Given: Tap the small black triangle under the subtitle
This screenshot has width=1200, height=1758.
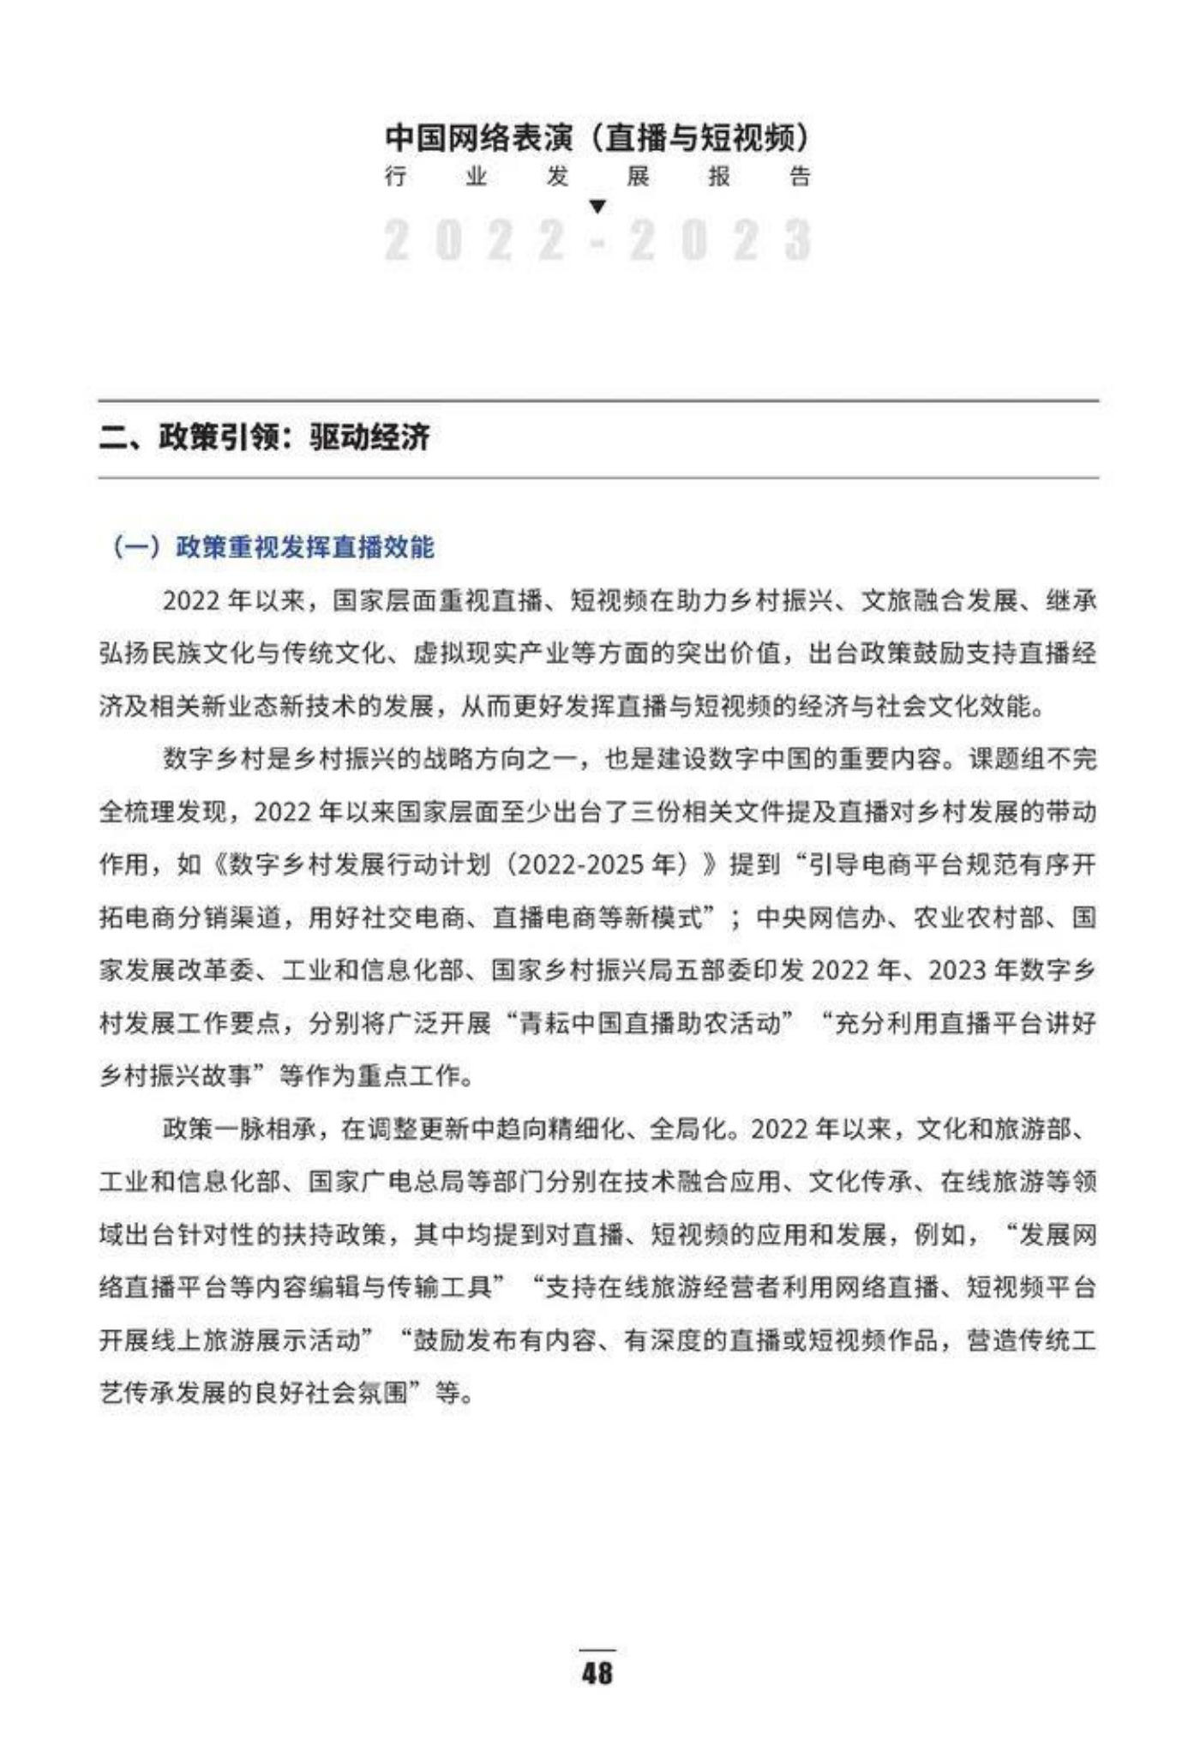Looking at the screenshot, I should (598, 207).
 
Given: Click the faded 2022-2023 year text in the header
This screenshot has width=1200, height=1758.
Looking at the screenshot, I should (597, 240).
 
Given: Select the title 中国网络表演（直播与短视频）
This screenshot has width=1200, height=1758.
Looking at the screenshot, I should (597, 137).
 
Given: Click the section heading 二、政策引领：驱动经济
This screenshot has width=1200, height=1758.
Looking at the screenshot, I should (264, 438).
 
